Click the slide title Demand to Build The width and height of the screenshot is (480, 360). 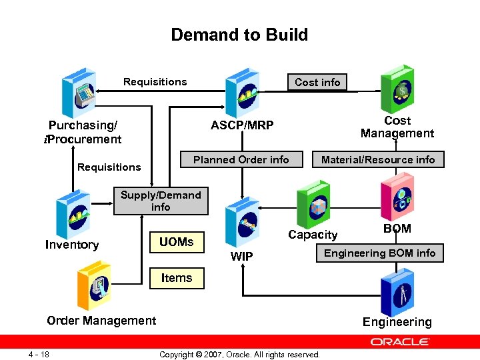(239, 35)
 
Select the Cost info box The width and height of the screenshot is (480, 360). (317, 82)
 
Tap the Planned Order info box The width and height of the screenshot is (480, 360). (241, 159)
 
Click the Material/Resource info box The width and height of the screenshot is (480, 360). (377, 159)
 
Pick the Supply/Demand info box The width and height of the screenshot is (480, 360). (160, 201)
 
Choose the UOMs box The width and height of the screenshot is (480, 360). (176, 242)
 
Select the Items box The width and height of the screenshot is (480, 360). (176, 278)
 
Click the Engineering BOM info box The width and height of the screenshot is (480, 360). (379, 253)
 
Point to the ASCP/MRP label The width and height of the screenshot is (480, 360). (242, 125)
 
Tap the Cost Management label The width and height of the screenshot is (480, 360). (397, 127)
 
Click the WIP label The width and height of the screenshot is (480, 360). (241, 256)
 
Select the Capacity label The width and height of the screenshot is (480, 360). (313, 235)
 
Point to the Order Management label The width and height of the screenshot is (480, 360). (101, 321)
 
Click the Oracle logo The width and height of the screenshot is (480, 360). (400, 341)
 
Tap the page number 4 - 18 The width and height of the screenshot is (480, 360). (39, 353)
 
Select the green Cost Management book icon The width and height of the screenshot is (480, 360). (397, 88)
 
